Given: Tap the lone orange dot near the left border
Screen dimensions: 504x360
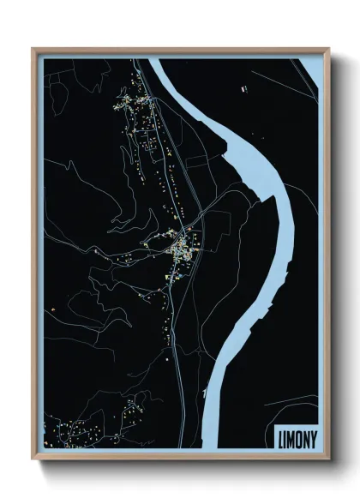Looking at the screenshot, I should tap(53, 308).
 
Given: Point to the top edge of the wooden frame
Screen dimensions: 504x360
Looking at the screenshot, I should tap(180, 49).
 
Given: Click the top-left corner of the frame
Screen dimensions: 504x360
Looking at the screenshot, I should tap(34, 49).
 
